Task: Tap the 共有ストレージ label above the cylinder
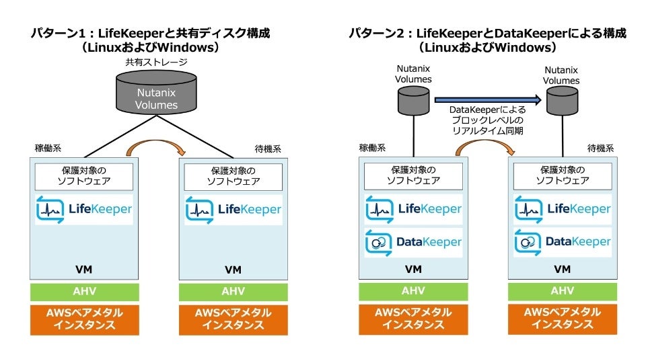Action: point(156,62)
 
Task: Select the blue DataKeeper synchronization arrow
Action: point(487,99)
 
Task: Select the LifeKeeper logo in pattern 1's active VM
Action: point(85,210)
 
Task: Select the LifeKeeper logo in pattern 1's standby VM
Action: point(234,210)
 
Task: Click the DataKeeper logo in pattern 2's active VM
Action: point(413,242)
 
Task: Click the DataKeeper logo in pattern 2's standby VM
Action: point(563,242)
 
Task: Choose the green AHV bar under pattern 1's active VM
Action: point(85,292)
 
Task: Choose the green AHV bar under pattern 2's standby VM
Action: point(563,292)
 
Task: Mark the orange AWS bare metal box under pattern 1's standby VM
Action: point(234,319)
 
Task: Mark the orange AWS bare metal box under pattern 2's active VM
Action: point(413,319)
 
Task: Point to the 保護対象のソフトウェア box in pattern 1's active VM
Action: point(85,175)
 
